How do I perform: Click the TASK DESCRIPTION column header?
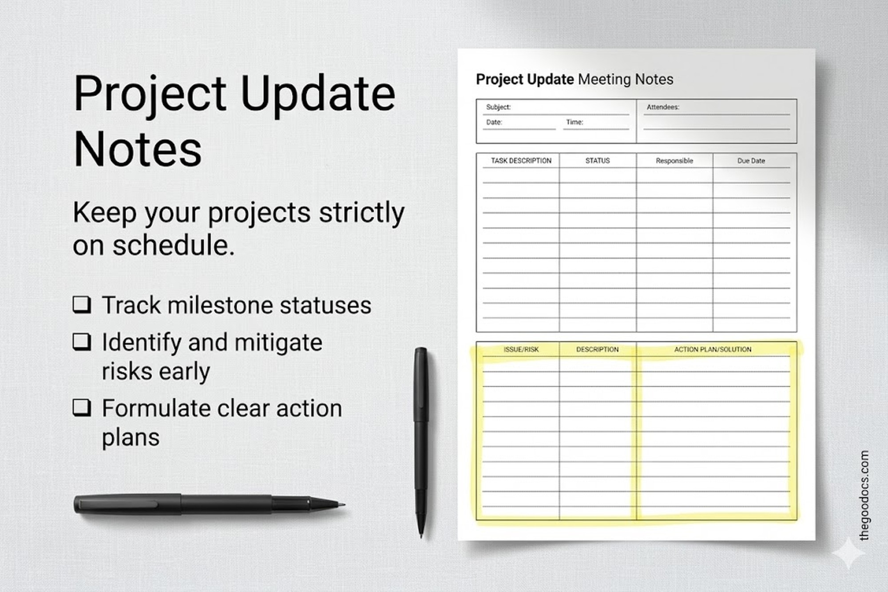[521, 161]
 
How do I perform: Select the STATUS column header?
[597, 161]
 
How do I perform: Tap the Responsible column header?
[674, 161]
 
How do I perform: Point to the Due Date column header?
[751, 161]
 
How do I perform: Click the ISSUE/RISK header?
[521, 350]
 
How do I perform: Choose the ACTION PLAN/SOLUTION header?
[713, 350]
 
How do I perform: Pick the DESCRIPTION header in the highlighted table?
[597, 350]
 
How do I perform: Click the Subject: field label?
[498, 107]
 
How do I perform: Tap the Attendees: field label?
[662, 107]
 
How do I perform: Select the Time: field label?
[575, 122]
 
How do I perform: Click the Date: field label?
[494, 122]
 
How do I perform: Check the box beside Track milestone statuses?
[82, 305]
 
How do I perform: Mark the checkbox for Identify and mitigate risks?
[82, 342]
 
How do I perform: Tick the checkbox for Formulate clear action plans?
[82, 408]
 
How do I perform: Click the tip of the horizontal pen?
[343, 505]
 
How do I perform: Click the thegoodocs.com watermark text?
[864, 495]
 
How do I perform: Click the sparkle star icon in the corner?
[848, 553]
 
